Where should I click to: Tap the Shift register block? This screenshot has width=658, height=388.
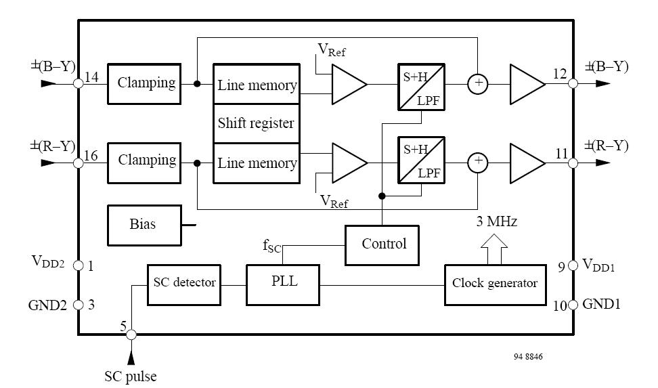pyautogui.click(x=256, y=123)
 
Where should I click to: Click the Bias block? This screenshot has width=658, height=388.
pyautogui.click(x=143, y=225)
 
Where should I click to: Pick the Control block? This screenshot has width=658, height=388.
pyautogui.click(x=384, y=244)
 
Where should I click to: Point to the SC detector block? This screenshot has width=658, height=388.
pyautogui.click(x=183, y=282)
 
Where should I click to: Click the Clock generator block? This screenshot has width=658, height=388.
pyautogui.click(x=494, y=283)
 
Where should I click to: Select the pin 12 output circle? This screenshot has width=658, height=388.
pyautogui.click(x=573, y=84)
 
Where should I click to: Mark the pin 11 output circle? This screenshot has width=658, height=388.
pyautogui.click(x=573, y=163)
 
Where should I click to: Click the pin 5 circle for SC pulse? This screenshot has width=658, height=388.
pyautogui.click(x=131, y=334)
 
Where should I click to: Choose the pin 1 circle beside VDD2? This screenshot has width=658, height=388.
pyautogui.click(x=78, y=265)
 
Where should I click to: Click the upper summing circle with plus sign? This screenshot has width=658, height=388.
pyautogui.click(x=478, y=83)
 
